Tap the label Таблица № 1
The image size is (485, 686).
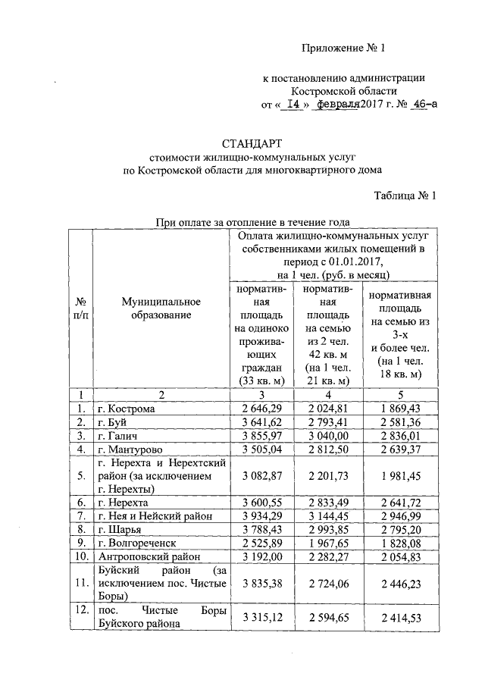(x=405, y=196)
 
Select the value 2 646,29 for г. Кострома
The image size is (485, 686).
(x=261, y=409)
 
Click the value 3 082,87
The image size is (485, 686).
(x=261, y=475)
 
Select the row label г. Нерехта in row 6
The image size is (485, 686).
(x=123, y=502)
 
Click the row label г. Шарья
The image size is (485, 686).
(x=119, y=528)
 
